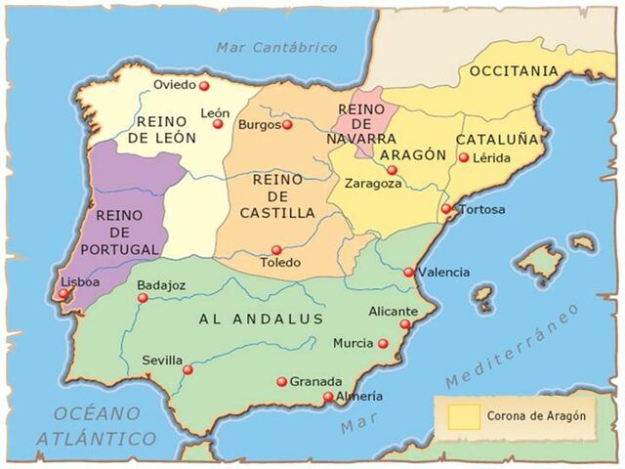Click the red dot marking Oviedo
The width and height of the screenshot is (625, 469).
[x=204, y=86]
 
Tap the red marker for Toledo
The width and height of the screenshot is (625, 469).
[x=276, y=250]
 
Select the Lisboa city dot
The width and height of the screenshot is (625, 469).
[x=63, y=293]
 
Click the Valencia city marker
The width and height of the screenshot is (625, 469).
[x=408, y=273]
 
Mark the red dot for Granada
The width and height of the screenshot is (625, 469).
[x=281, y=382]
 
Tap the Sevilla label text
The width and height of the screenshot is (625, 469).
[x=161, y=360]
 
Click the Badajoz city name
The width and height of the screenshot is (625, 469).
[x=161, y=284]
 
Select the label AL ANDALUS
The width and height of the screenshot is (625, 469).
[x=260, y=320]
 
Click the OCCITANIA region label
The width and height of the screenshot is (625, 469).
[x=515, y=71]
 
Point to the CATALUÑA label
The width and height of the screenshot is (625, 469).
[x=497, y=139]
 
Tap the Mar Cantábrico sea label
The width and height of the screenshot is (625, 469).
[x=277, y=47]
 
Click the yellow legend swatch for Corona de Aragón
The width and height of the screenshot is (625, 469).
[x=464, y=415]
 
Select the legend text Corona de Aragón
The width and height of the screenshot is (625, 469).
[x=536, y=415]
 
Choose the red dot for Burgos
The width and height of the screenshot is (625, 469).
[x=287, y=125]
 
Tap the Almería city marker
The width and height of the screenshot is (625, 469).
[x=328, y=397]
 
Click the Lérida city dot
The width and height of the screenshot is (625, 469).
[x=464, y=157]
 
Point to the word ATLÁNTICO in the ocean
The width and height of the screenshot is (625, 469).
[x=97, y=439]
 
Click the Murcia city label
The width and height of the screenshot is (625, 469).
[x=353, y=343]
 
